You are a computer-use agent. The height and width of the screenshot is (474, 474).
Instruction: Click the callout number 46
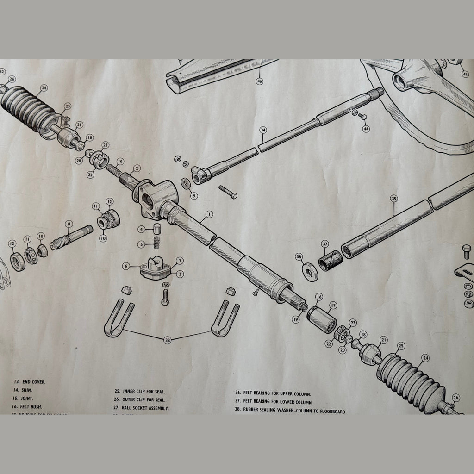click(259, 81)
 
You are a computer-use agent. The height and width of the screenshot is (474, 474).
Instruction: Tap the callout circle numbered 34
click(263, 130)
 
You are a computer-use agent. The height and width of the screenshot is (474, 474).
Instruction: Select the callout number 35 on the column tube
click(394, 199)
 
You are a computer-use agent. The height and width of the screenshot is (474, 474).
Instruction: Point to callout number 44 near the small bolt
click(366, 129)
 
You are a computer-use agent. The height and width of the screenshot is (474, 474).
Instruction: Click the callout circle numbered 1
click(209, 214)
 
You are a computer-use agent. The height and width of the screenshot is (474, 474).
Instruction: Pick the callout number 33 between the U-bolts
click(168, 340)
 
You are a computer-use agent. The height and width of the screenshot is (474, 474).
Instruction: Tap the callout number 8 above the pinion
click(69, 224)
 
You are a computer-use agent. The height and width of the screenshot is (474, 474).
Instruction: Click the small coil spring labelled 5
click(156, 243)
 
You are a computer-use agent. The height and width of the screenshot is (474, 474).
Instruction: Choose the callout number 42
click(465, 74)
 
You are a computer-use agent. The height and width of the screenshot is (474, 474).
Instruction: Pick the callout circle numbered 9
click(193, 196)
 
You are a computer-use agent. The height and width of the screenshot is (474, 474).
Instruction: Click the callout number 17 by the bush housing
click(333, 305)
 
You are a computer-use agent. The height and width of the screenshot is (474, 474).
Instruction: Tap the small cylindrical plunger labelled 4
click(157, 228)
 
